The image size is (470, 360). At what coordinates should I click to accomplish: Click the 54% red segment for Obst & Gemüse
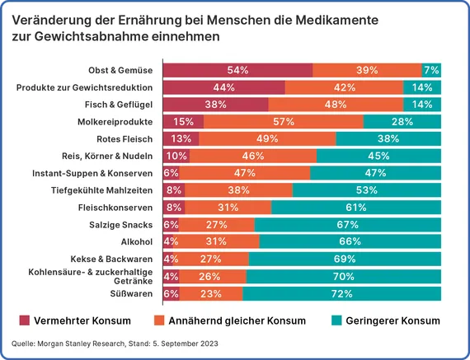pos(237,70)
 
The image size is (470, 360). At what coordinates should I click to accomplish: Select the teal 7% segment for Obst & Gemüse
pos(431,70)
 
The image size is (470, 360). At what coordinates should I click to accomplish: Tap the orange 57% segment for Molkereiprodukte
pos(284,122)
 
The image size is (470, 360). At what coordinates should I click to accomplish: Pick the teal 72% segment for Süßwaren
pos(341,293)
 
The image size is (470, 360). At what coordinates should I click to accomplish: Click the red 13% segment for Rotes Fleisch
pos(181,138)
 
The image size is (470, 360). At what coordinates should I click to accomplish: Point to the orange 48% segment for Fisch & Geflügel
pos(336,105)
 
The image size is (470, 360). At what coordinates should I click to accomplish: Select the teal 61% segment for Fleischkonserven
pos(356,208)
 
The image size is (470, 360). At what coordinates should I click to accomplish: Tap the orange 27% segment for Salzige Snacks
pos(217,225)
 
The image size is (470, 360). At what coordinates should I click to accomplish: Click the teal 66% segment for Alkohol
pos(350,241)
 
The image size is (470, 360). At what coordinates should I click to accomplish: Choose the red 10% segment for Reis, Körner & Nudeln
pos(176,156)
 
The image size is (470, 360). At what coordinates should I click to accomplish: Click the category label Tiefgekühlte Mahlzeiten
pos(101,190)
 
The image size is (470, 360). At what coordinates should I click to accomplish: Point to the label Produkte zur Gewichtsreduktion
pos(84,88)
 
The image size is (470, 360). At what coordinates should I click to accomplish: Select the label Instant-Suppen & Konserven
pos(92,174)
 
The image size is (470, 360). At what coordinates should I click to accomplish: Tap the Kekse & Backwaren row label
pos(111,259)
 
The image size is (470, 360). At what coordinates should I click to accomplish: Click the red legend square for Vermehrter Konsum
pos(25,320)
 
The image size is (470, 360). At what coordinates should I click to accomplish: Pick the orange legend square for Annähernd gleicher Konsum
pos(159,320)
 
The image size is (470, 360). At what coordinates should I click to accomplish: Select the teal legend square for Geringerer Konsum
pos(336,320)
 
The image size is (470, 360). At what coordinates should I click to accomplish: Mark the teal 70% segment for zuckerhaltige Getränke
pos(344,276)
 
